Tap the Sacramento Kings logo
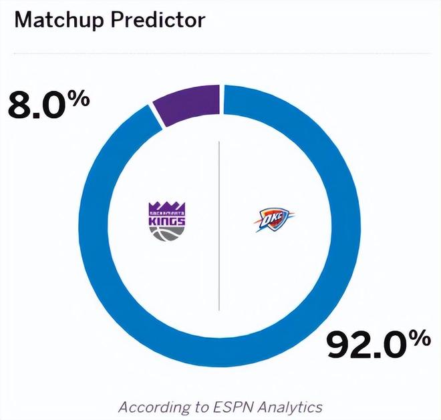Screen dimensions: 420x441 click(166, 220)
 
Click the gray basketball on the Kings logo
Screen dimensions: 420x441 click(166, 232)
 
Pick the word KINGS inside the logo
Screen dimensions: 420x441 click(166, 218)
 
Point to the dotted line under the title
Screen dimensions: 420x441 click(220, 52)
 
